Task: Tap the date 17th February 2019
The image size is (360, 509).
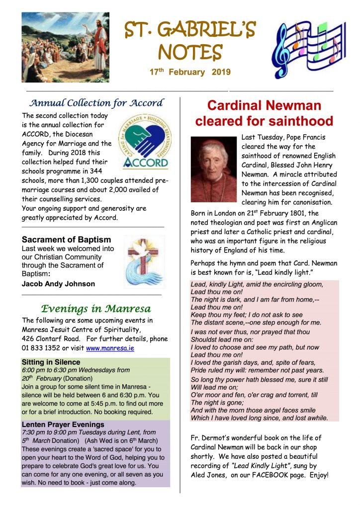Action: pyautogui.click(x=190, y=72)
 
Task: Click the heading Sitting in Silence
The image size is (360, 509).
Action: pyautogui.click(x=51, y=362)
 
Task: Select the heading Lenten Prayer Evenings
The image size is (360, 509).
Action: pyautogui.click(x=63, y=424)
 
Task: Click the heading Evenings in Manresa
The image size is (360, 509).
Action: pyautogui.click(x=92, y=309)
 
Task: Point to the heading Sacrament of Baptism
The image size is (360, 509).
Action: pyautogui.click(x=66, y=239)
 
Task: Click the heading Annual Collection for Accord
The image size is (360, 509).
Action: pyautogui.click(x=96, y=103)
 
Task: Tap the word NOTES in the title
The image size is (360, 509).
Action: pyautogui.click(x=190, y=51)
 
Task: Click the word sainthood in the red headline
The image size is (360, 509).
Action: pyautogui.click(x=301, y=121)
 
